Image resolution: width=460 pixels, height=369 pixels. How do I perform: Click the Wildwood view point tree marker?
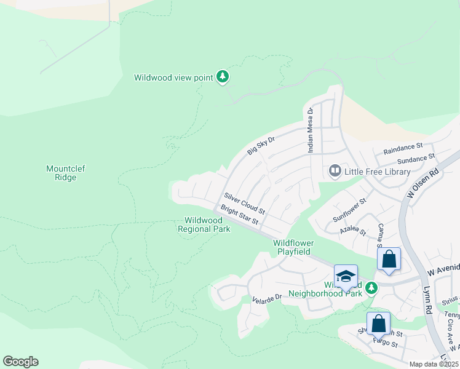coord(223,77)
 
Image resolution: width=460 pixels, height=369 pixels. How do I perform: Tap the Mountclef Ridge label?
coord(61,173)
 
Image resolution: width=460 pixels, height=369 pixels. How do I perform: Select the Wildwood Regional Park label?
coord(204,224)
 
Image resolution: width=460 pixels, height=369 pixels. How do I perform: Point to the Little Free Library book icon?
coord(335,170)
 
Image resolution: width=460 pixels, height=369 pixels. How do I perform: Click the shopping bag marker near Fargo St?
coord(378,323)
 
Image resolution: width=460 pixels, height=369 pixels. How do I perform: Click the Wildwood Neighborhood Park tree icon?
coord(370,288)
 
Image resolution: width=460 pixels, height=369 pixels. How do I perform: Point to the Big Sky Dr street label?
coord(260,146)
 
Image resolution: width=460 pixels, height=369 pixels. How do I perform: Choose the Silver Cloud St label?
coord(244,204)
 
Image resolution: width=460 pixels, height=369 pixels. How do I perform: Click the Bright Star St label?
coord(239,215)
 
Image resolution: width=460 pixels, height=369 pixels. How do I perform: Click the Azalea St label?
coord(352,232)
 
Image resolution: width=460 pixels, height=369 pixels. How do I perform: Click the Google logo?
coord(20,362)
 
